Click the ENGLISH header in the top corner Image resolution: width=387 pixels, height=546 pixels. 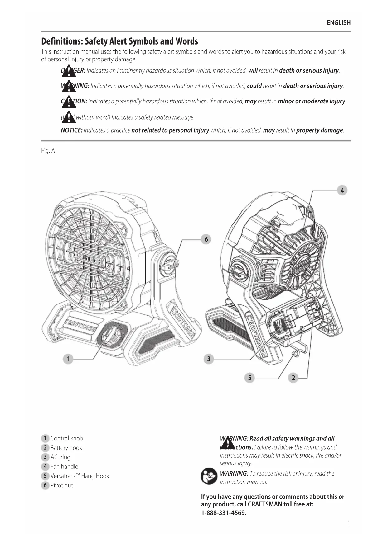[x=338, y=23]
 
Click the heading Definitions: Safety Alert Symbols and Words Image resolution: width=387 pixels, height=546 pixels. [x=119, y=41]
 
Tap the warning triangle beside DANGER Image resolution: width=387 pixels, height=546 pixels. [x=69, y=71]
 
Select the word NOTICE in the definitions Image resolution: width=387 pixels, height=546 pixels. [x=71, y=130]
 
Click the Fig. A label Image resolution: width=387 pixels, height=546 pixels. [x=48, y=151]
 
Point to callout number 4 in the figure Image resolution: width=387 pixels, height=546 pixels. [x=342, y=191]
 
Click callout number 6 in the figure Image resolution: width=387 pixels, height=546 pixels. [x=206, y=239]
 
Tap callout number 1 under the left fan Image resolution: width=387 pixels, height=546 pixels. [x=68, y=359]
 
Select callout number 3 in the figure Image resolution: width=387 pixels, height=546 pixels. [x=209, y=359]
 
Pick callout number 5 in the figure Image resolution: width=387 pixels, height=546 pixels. [x=249, y=378]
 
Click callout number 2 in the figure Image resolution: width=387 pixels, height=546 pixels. [x=293, y=378]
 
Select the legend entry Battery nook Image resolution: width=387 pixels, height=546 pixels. [x=66, y=448]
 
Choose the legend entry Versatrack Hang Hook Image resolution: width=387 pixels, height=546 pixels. [x=80, y=476]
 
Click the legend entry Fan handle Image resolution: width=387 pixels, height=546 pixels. [x=64, y=467]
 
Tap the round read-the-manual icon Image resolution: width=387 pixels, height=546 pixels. [x=209, y=476]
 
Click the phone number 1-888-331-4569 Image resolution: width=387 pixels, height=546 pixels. [x=224, y=513]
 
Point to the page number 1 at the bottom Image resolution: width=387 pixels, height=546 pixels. [x=349, y=524]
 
